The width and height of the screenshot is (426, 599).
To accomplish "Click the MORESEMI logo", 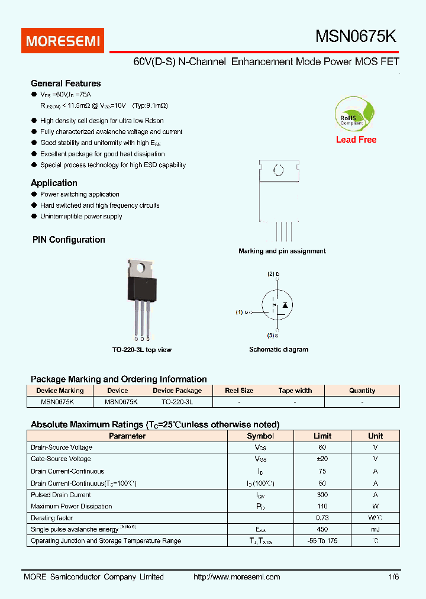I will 64,41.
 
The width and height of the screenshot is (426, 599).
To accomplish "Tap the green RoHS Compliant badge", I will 355,115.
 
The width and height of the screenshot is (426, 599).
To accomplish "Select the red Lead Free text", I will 356,140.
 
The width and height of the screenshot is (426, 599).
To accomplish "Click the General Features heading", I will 66,83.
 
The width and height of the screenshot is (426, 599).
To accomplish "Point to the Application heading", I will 54,183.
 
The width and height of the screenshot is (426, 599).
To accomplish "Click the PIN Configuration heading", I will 68,240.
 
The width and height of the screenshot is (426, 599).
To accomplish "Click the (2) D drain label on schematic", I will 273,274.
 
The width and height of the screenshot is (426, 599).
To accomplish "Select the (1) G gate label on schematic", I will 243,312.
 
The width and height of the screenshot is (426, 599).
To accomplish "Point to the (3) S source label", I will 273,336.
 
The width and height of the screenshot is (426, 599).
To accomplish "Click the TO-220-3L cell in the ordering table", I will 177,401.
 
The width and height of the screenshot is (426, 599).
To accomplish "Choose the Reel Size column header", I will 239,391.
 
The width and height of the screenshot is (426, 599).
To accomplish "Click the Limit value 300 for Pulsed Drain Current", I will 322,495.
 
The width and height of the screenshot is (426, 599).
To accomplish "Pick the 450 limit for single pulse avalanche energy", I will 322,529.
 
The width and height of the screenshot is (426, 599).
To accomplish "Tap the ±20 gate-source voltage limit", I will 322,459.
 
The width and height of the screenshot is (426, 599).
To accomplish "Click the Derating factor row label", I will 52,518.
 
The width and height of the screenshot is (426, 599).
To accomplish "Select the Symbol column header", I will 260,436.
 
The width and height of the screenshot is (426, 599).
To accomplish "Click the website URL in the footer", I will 237,577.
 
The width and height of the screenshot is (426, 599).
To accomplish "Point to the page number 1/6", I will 394,577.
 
